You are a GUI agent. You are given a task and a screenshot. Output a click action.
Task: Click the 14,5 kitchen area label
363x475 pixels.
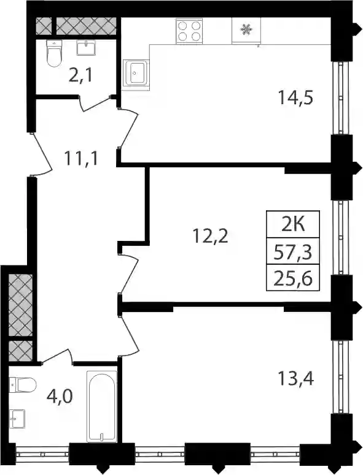(295, 98)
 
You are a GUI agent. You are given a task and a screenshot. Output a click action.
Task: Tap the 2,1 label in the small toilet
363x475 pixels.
(80, 75)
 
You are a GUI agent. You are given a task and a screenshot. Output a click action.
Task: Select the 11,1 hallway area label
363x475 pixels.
(80, 158)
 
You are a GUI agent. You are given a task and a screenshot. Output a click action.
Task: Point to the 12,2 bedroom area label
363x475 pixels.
(210, 237)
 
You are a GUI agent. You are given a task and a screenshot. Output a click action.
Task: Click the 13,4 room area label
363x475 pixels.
(295, 379)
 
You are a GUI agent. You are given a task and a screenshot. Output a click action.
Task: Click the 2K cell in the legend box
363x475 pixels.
(293, 224)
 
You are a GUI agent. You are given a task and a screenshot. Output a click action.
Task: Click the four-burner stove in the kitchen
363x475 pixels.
(189, 31)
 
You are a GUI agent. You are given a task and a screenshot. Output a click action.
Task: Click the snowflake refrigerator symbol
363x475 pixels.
(246, 29)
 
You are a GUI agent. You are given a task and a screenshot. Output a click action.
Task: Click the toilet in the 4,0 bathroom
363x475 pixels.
(22, 385)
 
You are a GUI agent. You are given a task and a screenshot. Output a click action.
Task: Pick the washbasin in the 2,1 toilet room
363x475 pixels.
(86, 48)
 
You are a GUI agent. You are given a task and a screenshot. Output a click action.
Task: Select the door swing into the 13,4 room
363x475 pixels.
(129, 336)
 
